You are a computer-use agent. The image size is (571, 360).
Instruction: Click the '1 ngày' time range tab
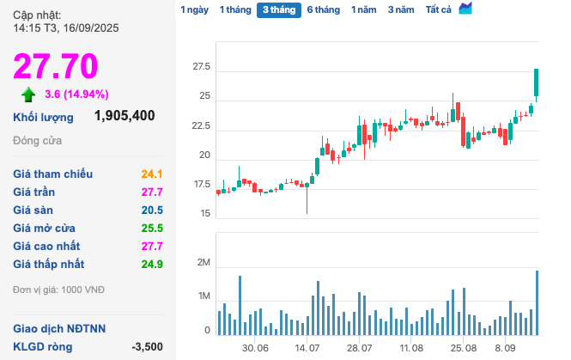click(194, 10)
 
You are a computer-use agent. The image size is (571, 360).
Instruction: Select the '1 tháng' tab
click(234, 10)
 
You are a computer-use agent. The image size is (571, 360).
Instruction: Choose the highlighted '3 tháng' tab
click(278, 10)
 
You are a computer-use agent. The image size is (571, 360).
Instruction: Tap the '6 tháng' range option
click(323, 10)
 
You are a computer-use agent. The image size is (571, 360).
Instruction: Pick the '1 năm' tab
click(364, 10)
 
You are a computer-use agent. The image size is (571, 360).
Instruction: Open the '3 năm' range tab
click(400, 10)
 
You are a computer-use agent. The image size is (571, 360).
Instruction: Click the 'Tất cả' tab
click(439, 10)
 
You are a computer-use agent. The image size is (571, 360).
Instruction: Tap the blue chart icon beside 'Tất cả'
click(465, 9)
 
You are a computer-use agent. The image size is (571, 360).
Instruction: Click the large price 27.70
click(55, 66)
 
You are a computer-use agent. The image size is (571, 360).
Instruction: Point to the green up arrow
click(28, 95)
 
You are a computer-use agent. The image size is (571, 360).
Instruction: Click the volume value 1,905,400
click(125, 116)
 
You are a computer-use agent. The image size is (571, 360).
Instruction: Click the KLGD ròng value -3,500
click(147, 347)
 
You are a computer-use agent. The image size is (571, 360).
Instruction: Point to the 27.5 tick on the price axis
click(201, 67)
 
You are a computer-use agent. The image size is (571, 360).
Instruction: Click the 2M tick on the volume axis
click(203, 262)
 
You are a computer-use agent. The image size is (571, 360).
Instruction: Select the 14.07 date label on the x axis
click(307, 349)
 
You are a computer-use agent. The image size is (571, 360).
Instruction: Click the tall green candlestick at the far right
click(537, 82)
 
